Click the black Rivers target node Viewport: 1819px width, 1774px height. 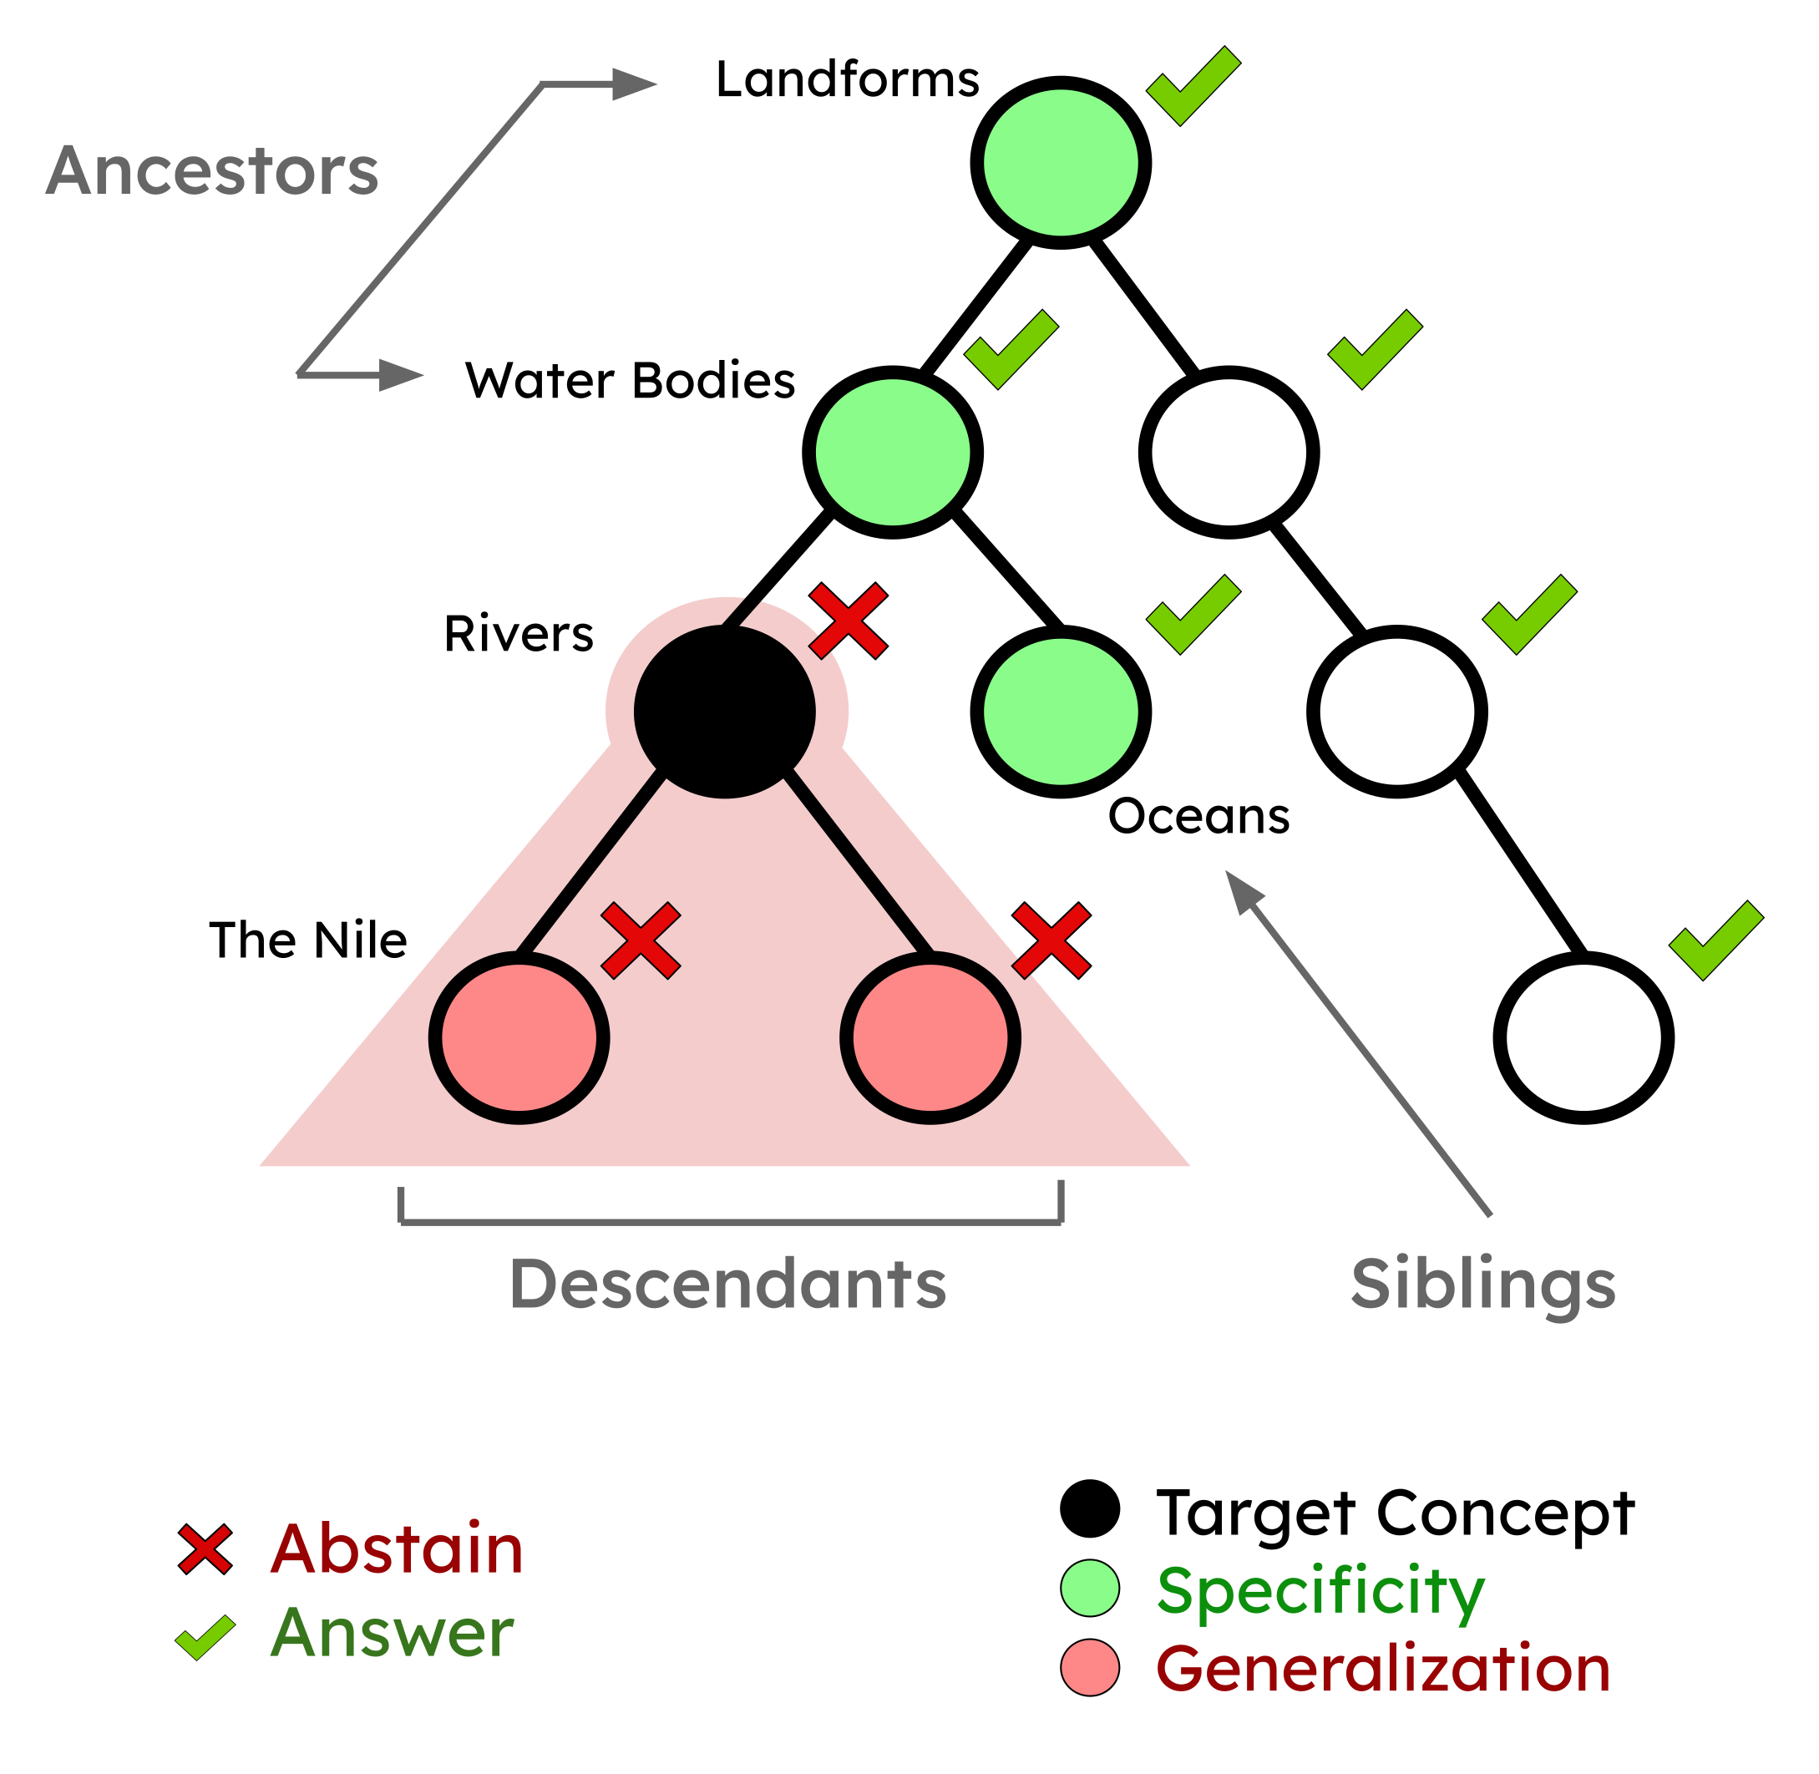pyautogui.click(x=724, y=712)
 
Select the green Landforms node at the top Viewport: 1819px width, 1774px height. pyautogui.click(x=1061, y=162)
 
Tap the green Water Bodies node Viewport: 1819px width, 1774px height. pyautogui.click(x=893, y=452)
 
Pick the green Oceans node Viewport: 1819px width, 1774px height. pyautogui.click(x=1061, y=712)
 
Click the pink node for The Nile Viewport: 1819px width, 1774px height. pyautogui.click(x=518, y=1038)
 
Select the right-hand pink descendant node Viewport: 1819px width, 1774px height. pyautogui.click(x=930, y=1038)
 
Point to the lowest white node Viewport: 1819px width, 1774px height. pyautogui.click(x=1583, y=1038)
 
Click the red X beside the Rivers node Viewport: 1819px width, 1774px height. pyautogui.click(x=848, y=621)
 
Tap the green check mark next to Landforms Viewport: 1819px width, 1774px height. pyautogui.click(x=1193, y=86)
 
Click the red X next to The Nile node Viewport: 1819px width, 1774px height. pyautogui.click(x=641, y=940)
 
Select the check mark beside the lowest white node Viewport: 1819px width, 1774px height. pyautogui.click(x=1715, y=940)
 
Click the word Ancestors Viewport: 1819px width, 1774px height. pyautogui.click(x=211, y=171)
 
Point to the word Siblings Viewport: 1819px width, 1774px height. pyautogui.click(x=1482, y=1284)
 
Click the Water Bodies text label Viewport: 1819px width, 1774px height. pyautogui.click(x=630, y=380)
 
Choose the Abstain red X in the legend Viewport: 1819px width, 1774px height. pyautogui.click(x=205, y=1550)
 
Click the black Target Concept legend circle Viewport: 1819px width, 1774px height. pyautogui.click(x=1089, y=1508)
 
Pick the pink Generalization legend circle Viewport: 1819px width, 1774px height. pyautogui.click(x=1089, y=1668)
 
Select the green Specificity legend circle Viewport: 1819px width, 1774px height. pyautogui.click(x=1089, y=1589)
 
